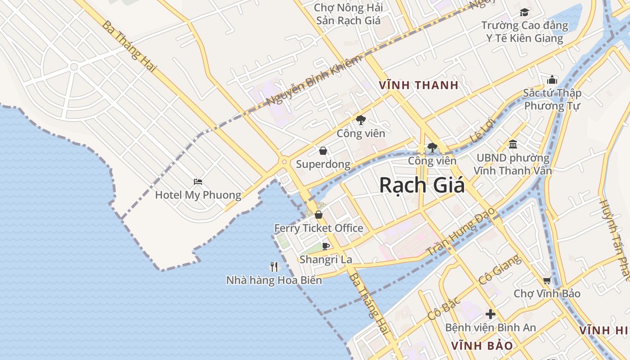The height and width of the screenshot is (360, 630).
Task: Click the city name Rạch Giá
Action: [x=422, y=185]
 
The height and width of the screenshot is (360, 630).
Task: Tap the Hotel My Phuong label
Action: [x=198, y=195]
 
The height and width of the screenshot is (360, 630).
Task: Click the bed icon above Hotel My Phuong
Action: [x=198, y=182]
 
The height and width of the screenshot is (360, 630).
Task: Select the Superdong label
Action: [x=323, y=164]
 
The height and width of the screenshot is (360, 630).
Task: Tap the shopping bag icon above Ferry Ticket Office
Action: [x=319, y=215]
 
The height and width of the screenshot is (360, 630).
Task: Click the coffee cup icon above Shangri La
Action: [x=326, y=246]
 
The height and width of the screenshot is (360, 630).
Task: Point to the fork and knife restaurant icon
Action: [x=274, y=267]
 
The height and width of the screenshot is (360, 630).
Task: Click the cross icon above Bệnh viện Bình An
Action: [x=490, y=314]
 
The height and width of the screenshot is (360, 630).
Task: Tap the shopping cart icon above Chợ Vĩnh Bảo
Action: [x=547, y=281]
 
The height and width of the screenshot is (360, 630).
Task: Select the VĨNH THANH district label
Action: [x=418, y=85]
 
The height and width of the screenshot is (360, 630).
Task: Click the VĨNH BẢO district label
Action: [x=482, y=346]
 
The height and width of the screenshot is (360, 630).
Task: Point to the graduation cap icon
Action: [x=524, y=12]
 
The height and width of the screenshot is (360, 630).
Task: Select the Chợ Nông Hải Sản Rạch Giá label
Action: [x=348, y=14]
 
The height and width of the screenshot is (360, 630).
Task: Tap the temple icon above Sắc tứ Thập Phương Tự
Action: [x=552, y=80]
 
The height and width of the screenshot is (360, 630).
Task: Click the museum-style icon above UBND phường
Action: [x=513, y=144]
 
